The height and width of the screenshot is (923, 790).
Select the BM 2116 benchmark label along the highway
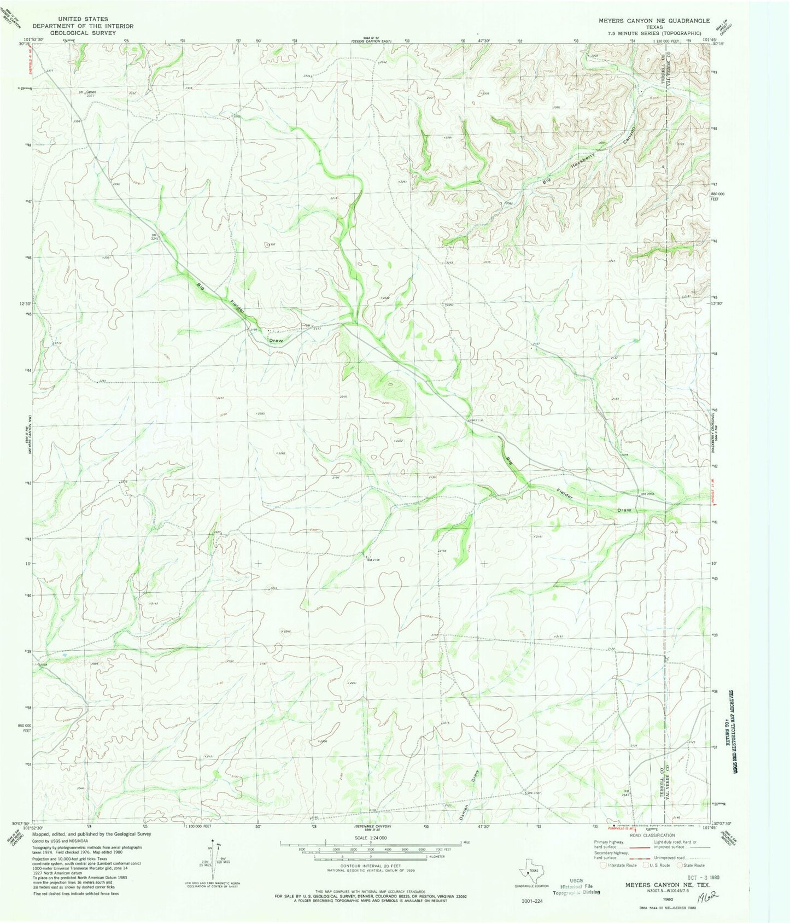coord(476,420)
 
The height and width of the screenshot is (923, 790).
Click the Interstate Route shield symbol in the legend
coord(603,865)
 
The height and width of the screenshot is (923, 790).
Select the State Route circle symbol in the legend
coord(680,865)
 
